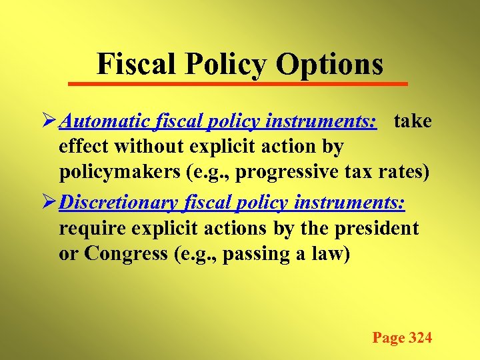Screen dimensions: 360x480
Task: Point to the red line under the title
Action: (239, 83)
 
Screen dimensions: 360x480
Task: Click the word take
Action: (413, 122)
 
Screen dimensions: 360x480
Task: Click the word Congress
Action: (123, 254)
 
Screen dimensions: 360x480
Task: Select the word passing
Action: (253, 254)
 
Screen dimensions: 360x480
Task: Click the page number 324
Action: (420, 338)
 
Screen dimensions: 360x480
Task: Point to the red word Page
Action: (389, 338)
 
